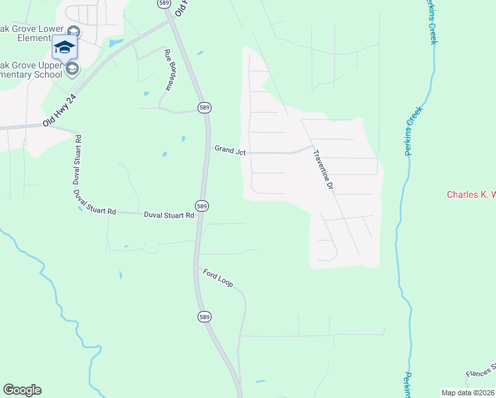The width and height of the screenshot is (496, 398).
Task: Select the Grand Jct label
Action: coord(230,151)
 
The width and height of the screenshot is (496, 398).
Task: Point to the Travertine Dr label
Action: coord(322,169)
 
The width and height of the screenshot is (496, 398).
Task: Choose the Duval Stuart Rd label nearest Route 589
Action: coord(168,215)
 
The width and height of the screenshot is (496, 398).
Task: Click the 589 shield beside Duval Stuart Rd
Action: coord(203,206)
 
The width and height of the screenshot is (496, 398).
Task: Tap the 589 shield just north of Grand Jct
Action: coord(205,107)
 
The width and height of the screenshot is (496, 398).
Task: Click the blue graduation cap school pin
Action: coord(64,47)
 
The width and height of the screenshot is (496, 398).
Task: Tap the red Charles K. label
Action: coord(471,194)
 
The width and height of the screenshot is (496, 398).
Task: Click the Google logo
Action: coord(22,390)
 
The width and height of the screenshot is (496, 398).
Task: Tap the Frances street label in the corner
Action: coord(480,371)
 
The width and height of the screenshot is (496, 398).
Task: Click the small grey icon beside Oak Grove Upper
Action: coord(72,68)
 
